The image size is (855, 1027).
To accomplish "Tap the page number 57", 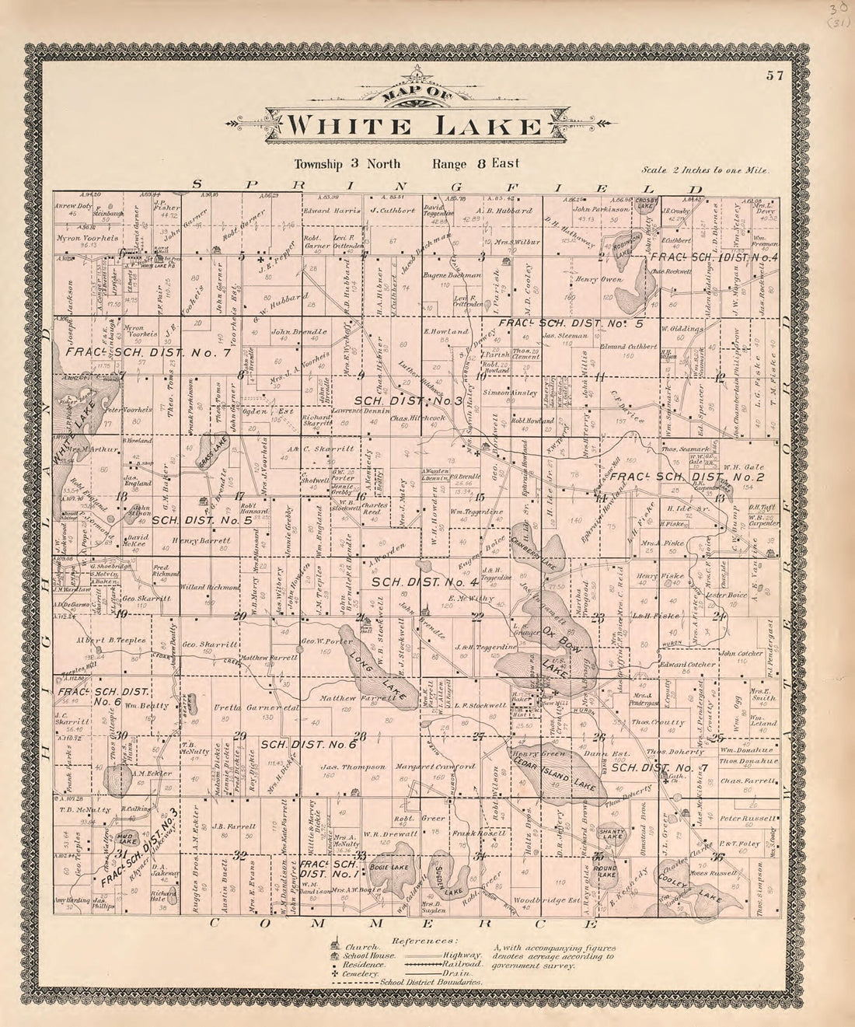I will tap(773, 75).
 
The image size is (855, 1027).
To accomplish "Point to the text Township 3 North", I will tap(347, 164).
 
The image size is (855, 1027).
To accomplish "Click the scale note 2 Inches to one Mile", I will tap(706, 169).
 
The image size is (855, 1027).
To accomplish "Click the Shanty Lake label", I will tap(611, 834).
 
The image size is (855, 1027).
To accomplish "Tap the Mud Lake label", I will tap(127, 837).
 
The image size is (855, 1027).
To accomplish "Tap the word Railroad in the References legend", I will tap(465, 964).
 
